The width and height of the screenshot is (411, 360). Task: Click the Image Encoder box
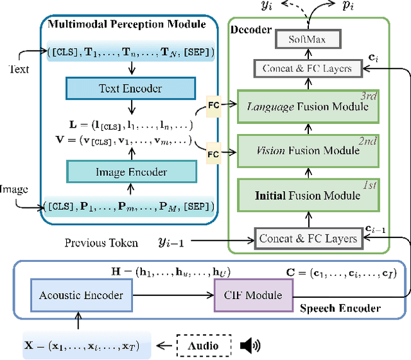131,171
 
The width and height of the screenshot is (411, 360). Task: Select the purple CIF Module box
252,295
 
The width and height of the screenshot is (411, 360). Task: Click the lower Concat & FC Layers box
306,238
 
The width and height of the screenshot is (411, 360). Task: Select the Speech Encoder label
340,308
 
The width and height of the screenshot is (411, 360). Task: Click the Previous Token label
101,243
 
